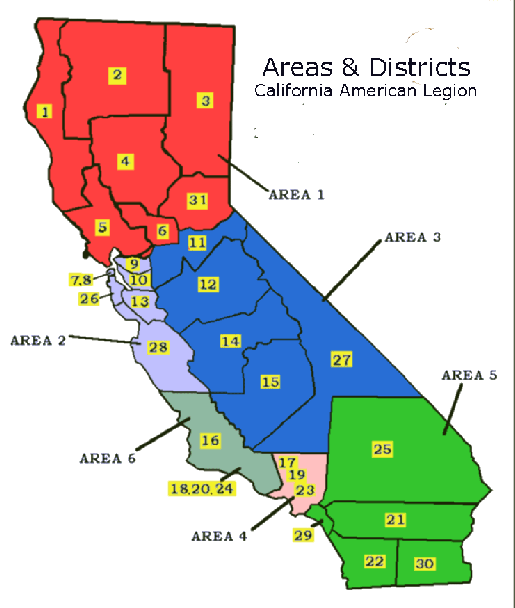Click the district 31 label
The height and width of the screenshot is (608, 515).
coord(197,201)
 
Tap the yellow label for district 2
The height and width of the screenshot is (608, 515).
coord(117,75)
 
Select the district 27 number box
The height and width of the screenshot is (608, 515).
coord(342,359)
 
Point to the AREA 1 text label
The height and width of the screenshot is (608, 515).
coord(297,194)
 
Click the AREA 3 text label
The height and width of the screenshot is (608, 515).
coord(413,237)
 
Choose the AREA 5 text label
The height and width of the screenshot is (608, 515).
coord(469,375)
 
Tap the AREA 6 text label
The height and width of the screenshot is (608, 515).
coord(108,459)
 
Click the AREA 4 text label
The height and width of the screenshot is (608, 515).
coord(219,536)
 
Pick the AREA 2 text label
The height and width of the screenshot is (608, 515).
coord(38,341)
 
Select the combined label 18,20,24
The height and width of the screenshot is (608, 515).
coord(202,489)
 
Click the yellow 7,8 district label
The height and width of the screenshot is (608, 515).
coord(81,280)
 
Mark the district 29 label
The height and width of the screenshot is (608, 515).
coord(303,535)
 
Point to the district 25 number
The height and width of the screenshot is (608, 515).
coord(382,449)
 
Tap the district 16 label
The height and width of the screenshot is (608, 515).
coord(210,440)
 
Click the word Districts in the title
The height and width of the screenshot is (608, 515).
coord(420,67)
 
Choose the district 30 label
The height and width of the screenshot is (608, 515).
coord(424,564)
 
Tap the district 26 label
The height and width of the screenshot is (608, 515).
coord(89,299)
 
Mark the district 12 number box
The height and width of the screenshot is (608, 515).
coord(208,284)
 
